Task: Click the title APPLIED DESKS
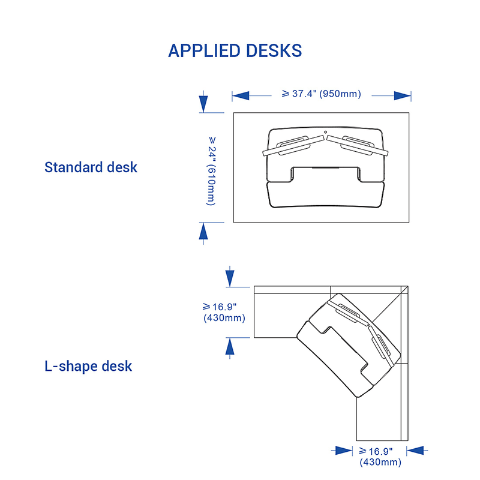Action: pyautogui.click(x=235, y=50)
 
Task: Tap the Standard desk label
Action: pyautogui.click(x=91, y=167)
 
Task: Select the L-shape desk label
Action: pyautogui.click(x=88, y=366)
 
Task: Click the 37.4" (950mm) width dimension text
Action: pyautogui.click(x=322, y=94)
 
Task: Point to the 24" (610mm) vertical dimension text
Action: pyautogui.click(x=211, y=171)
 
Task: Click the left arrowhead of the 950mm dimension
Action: pyautogui.click(x=241, y=95)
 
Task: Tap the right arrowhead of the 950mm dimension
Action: pyautogui.click(x=403, y=95)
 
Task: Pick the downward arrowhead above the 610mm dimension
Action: pyautogui.click(x=203, y=104)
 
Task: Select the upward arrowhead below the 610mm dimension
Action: pyautogui.click(x=203, y=231)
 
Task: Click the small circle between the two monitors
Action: pyautogui.click(x=325, y=132)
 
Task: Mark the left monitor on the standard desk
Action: pyautogui.click(x=293, y=146)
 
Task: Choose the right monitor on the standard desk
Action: pyautogui.click(x=358, y=146)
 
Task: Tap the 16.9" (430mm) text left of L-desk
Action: pyautogui.click(x=224, y=312)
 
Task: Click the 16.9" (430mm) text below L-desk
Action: pyautogui.click(x=380, y=457)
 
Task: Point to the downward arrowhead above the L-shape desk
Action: pyautogui.click(x=230, y=278)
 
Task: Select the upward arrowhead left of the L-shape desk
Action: pyautogui.click(x=230, y=346)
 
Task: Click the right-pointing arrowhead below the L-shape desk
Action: pyautogui.click(x=344, y=451)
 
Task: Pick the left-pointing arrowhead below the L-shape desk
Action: pyautogui.click(x=415, y=451)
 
